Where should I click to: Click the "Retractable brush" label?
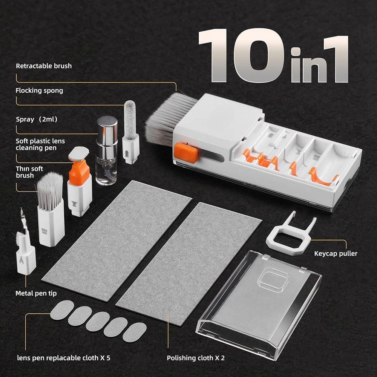43,66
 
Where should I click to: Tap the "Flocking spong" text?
39,90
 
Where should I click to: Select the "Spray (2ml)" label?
37,120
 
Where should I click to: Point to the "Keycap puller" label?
336,253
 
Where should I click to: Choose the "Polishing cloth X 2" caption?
196,358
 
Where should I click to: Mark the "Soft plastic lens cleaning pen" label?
40,144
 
